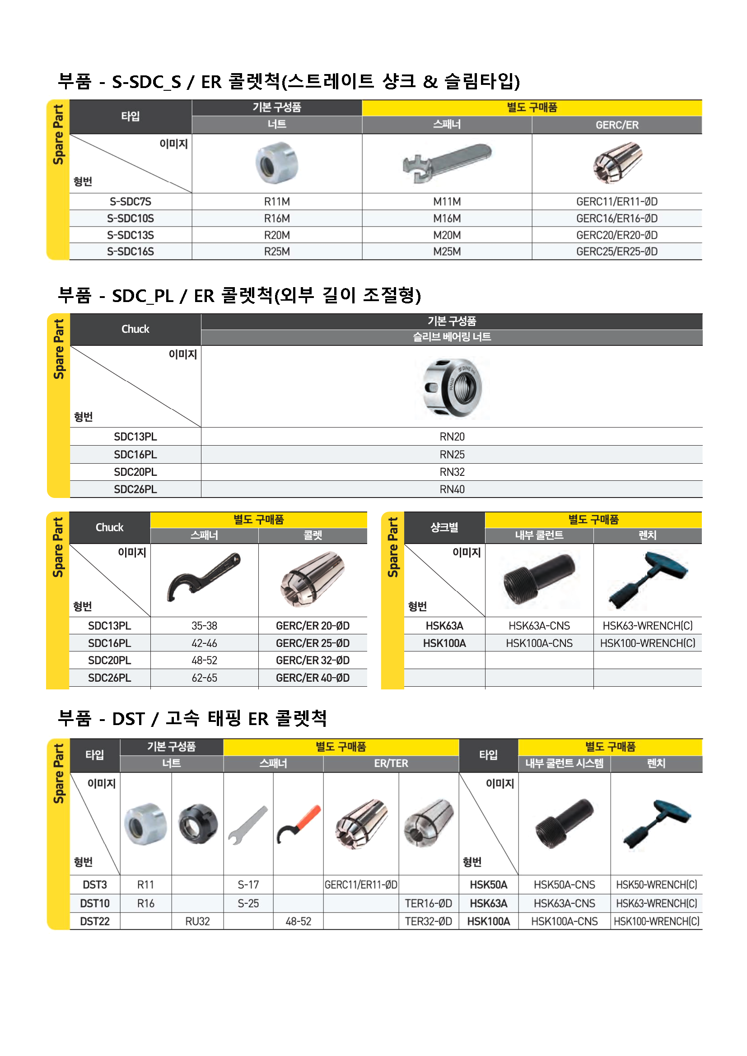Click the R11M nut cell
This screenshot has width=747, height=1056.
[276, 201]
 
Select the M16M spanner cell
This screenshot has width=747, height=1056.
[447, 219]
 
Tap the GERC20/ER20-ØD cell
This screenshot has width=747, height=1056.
[616, 235]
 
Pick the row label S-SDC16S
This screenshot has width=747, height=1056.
[130, 251]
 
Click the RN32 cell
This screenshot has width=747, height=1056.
[452, 472]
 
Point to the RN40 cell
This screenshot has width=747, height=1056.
[452, 489]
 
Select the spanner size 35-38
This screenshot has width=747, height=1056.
[204, 625]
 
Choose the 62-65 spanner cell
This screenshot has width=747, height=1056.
[204, 678]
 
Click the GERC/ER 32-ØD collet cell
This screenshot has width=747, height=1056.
[313, 661]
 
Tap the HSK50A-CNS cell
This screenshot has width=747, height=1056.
[564, 884]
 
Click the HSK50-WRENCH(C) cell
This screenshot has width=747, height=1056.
[656, 884]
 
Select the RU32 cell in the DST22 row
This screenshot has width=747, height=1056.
[197, 921]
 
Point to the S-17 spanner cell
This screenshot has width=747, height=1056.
[248, 884]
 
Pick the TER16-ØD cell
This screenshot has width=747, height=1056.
[428, 903]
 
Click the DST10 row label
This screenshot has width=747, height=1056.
[95, 903]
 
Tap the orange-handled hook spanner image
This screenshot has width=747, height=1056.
[299, 823]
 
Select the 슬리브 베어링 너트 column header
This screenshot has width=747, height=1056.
[452, 337]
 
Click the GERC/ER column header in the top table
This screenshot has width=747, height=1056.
[616, 125]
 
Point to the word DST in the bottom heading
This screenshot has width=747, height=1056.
[128, 719]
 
